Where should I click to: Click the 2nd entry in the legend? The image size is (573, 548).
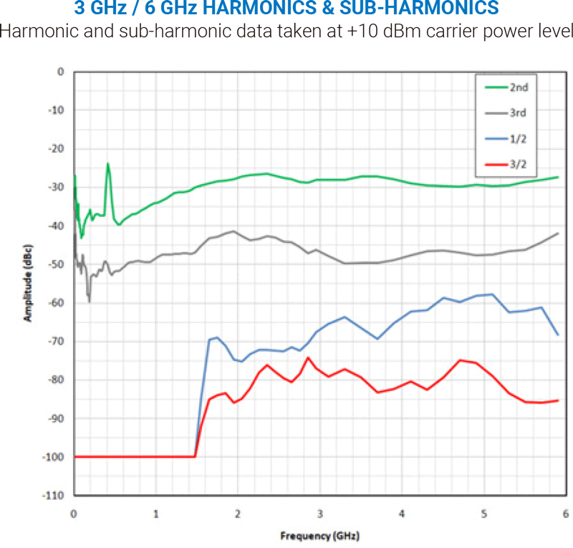(519, 88)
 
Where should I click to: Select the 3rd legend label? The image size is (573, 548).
(519, 112)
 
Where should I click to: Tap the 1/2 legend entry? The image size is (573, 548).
(519, 138)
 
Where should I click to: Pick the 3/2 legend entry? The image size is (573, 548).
(519, 163)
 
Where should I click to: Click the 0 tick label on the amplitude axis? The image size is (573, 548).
(61, 72)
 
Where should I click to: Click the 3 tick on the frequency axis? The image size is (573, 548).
(320, 514)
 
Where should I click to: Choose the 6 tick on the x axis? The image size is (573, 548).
(566, 514)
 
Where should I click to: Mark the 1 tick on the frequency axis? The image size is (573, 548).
(156, 514)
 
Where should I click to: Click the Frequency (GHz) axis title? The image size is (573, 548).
(319, 536)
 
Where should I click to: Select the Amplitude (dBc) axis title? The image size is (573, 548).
(29, 283)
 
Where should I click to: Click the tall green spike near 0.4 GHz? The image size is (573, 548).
(108, 164)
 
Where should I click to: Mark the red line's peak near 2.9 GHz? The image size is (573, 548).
(308, 357)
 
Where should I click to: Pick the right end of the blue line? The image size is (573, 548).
(558, 335)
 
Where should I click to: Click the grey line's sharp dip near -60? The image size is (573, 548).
(89, 301)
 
